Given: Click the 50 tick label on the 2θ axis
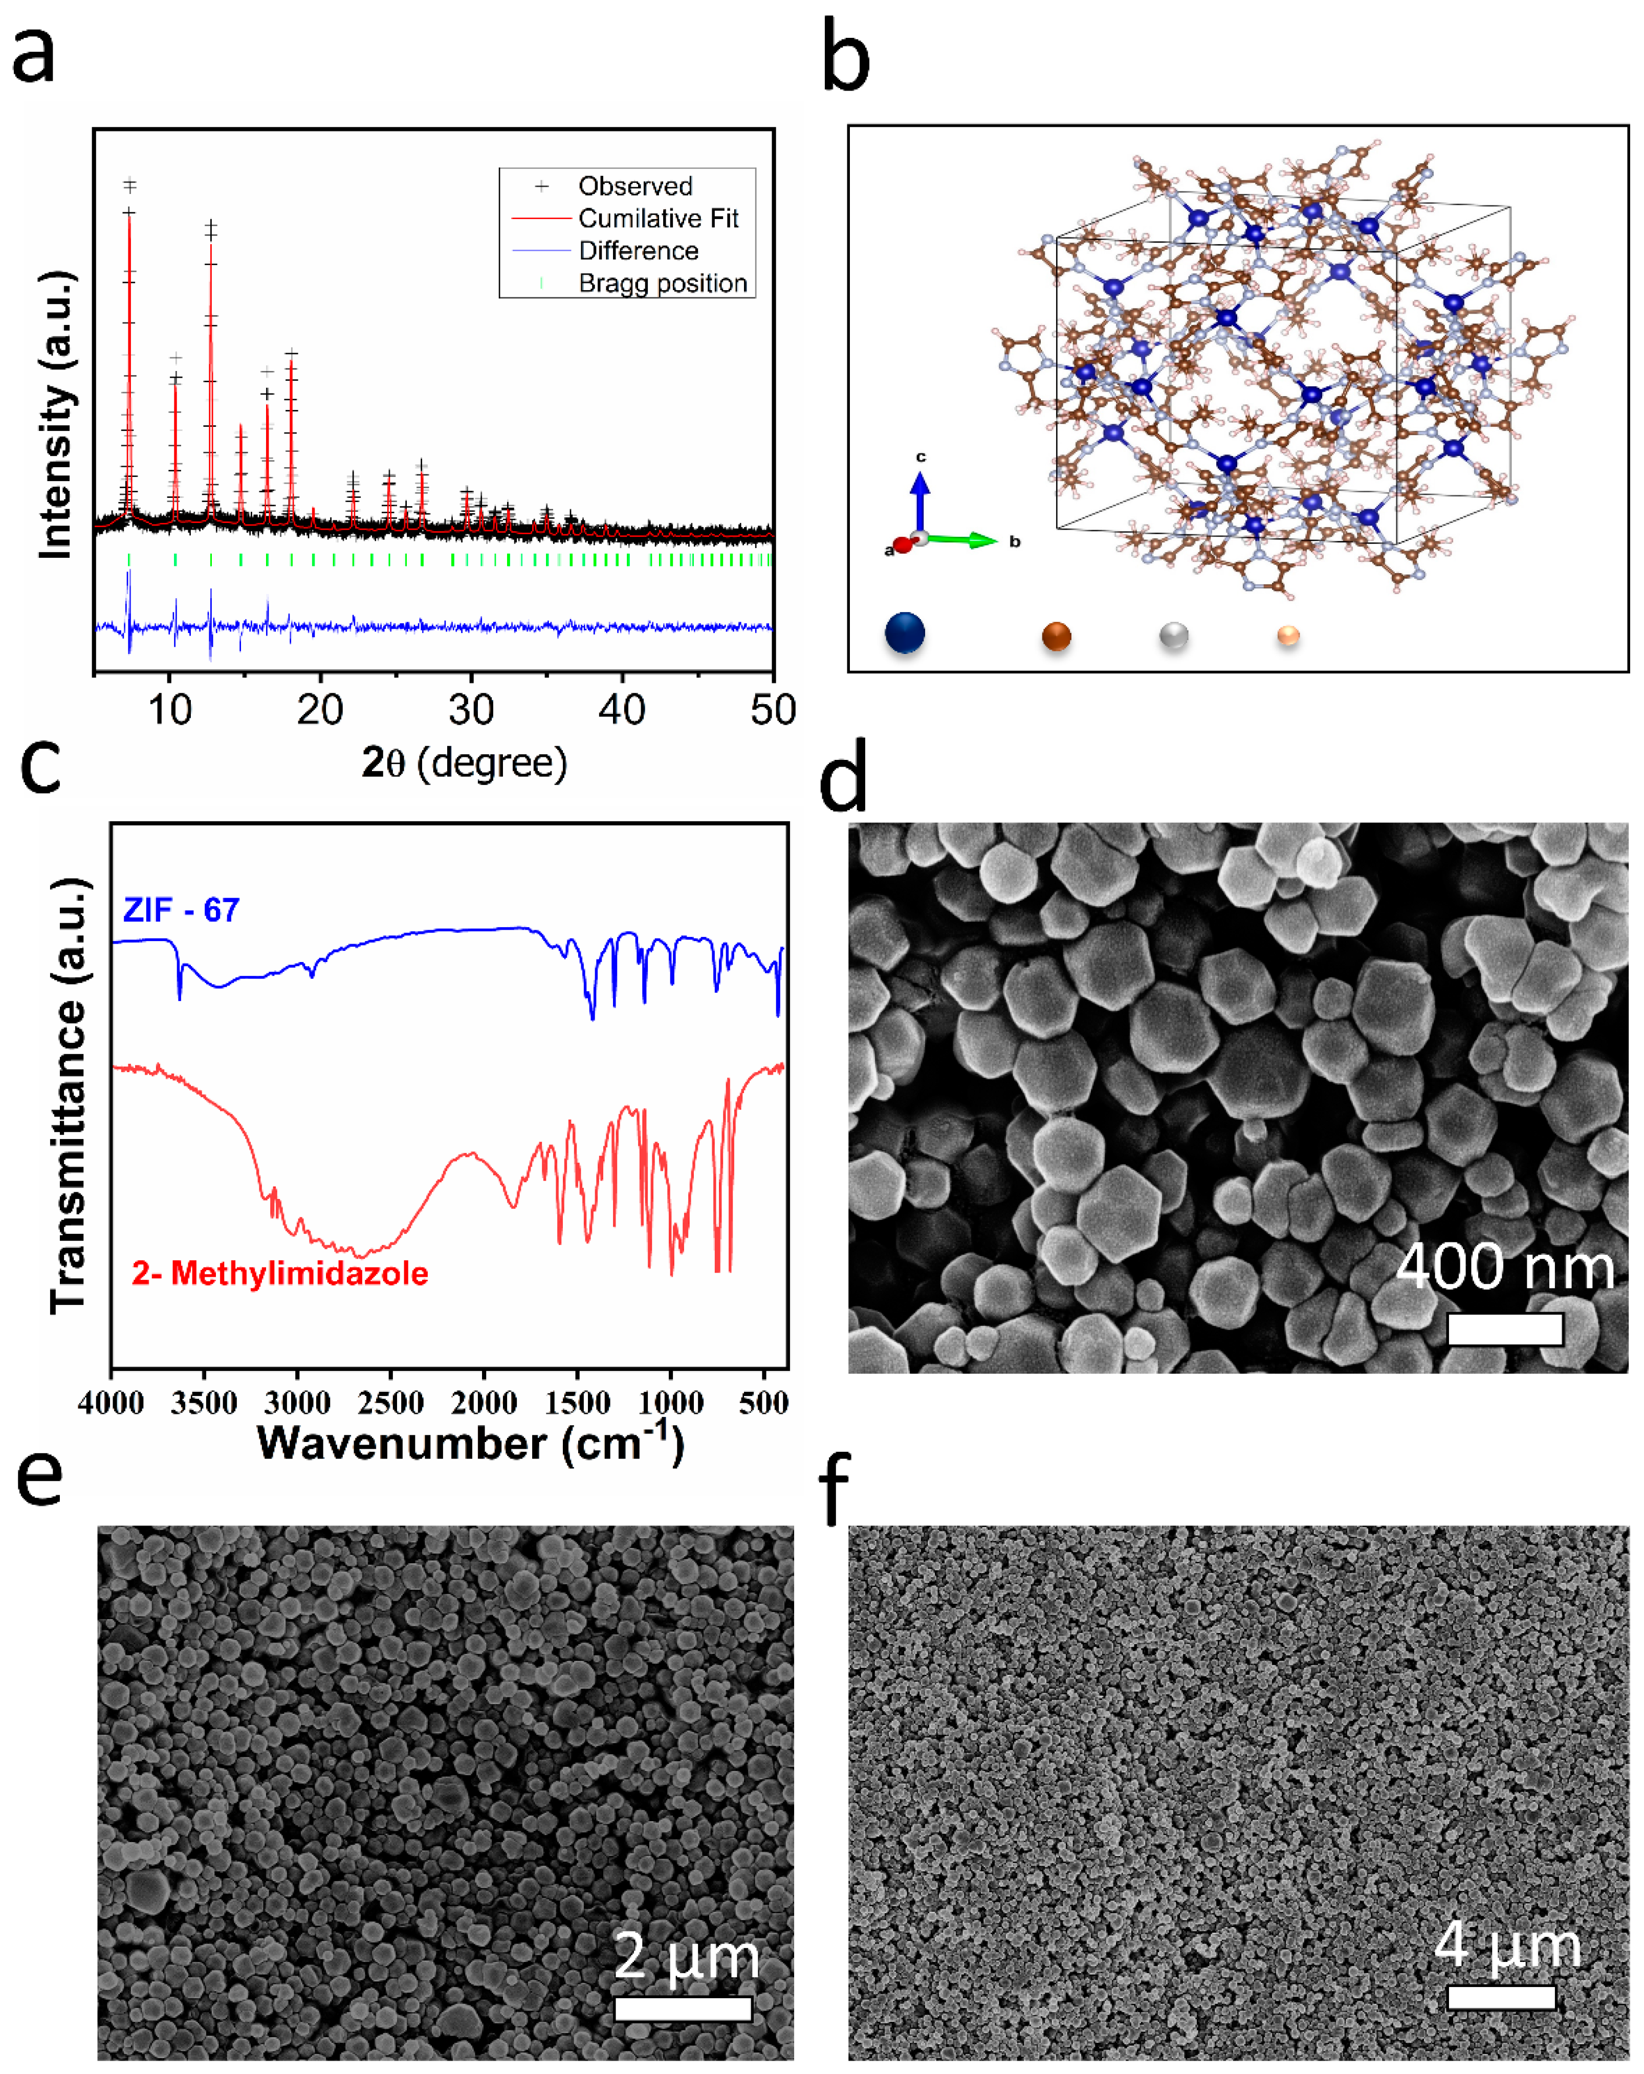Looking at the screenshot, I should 773,710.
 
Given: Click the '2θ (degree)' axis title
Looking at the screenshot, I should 465,763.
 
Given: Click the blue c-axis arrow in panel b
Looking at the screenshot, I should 919,495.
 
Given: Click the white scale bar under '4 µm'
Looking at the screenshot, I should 1501,1997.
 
